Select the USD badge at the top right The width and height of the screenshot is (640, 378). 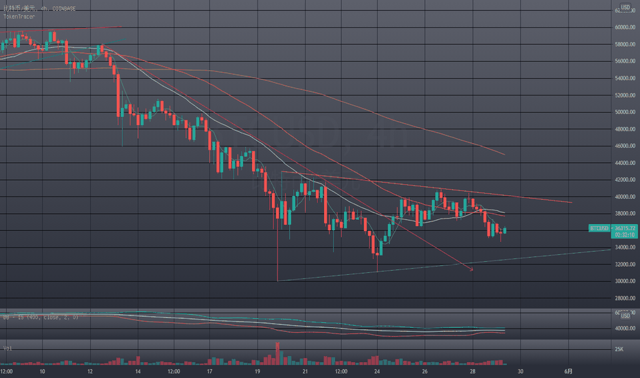coord(626,8)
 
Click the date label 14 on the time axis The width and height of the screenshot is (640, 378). coord(138,371)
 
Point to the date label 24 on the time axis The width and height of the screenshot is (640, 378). coord(377,371)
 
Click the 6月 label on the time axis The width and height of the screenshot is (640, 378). coord(568,371)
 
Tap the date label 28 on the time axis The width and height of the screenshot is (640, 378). coord(472,371)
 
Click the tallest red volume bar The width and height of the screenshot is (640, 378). coord(277,353)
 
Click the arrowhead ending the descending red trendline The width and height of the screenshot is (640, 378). coord(472,270)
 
